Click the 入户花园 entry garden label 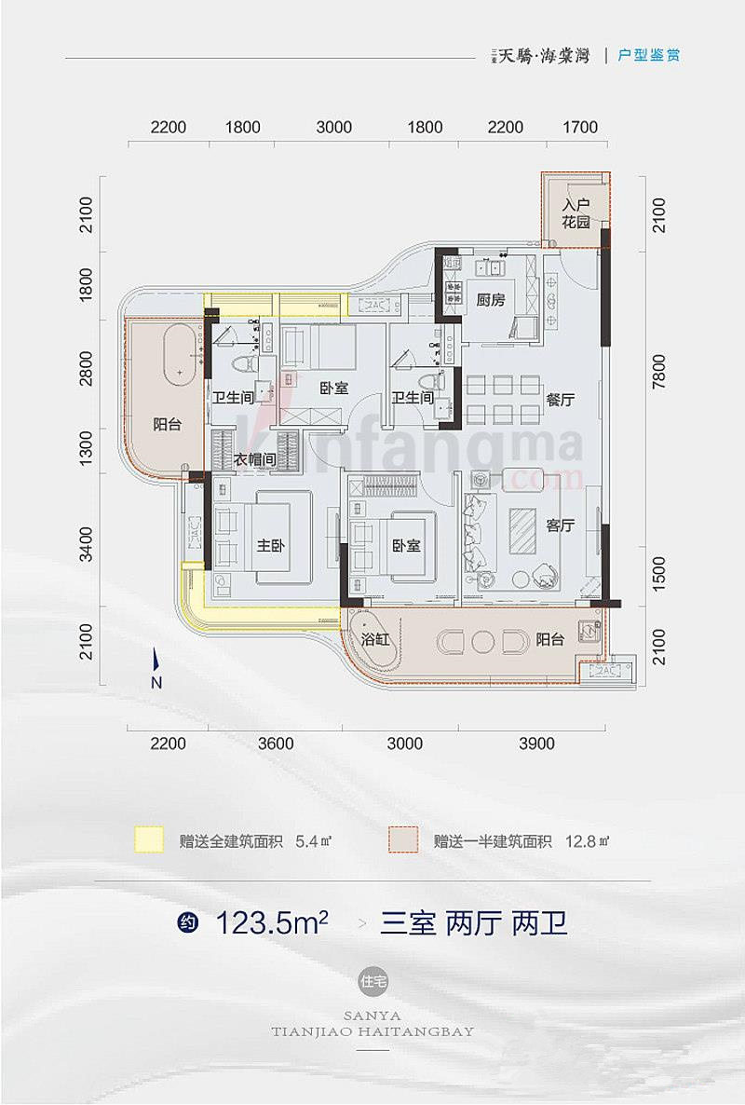tap(576, 214)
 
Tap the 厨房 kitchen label tap(491, 300)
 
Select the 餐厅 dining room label tap(560, 399)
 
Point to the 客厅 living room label tap(560, 525)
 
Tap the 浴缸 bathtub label tap(377, 640)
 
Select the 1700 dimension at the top tap(580, 128)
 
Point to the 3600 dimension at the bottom tap(276, 743)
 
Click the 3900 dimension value tap(535, 743)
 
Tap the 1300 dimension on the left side tap(87, 453)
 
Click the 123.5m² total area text tap(271, 923)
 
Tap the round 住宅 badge tap(372, 980)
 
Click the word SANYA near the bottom tap(372, 1015)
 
